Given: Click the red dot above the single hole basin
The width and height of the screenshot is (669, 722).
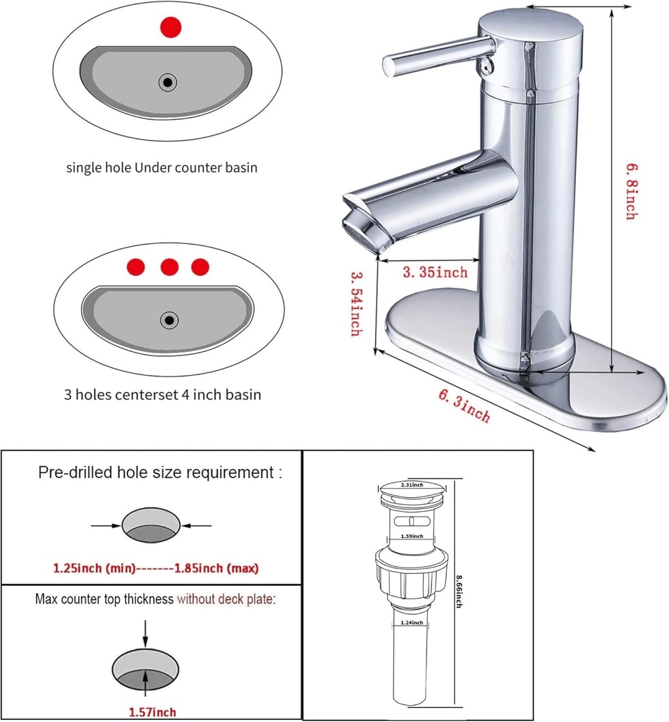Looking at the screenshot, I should (x=171, y=27).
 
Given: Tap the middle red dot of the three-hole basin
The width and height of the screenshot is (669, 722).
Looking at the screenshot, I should (x=169, y=267).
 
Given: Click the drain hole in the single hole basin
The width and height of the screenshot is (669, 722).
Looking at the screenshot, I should (x=168, y=82).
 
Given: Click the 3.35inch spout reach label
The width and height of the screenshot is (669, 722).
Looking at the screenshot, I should (x=435, y=272).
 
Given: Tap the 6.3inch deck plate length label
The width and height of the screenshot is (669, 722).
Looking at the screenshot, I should (x=465, y=407).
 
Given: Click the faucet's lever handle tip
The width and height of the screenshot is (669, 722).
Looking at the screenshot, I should (x=390, y=66).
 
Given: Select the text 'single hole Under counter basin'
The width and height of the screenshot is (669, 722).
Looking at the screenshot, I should (x=161, y=168).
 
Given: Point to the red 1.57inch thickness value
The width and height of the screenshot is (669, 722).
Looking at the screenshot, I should (x=152, y=712).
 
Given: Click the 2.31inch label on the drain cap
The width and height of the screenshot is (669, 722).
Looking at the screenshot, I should (x=412, y=485).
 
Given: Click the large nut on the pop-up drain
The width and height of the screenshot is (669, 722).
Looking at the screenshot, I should (x=412, y=573).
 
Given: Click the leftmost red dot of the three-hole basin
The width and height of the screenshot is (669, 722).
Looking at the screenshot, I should (x=136, y=267).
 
